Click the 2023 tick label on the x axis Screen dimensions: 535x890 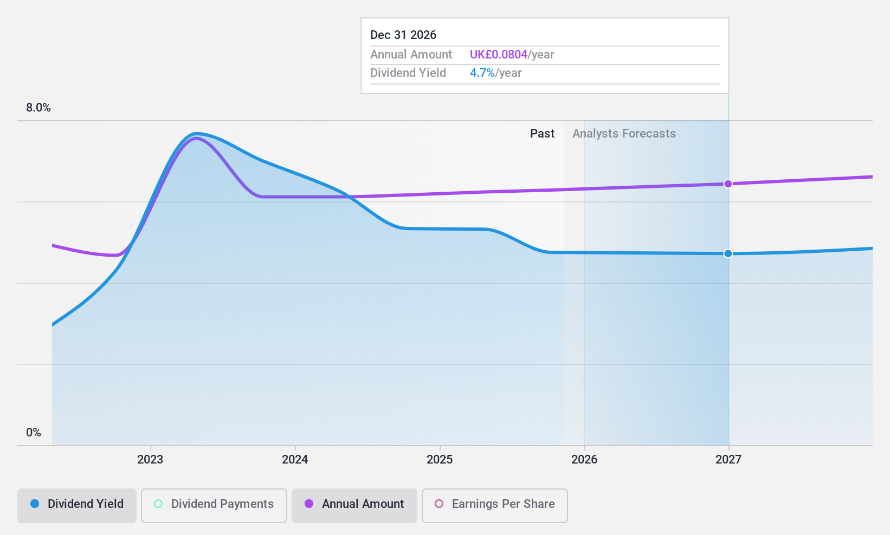tap(150, 460)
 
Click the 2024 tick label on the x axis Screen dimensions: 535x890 tap(295, 460)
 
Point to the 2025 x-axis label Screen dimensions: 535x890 tap(440, 460)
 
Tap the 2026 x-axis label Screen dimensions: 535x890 tap(584, 460)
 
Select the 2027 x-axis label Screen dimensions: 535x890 tap(728, 460)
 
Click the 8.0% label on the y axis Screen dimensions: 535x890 tap(38, 108)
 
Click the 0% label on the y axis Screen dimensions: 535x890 tap(34, 433)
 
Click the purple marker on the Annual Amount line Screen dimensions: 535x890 tap(728, 184)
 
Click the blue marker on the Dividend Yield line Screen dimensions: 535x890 tap(728, 253)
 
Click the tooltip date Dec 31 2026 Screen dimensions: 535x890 tap(403, 35)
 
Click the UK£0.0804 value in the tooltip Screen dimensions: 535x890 tap(498, 55)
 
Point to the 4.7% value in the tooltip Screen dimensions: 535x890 tap(482, 73)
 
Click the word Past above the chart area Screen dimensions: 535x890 tap(542, 134)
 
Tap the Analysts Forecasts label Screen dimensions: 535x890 tap(624, 134)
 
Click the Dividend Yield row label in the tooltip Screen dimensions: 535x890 tap(408, 73)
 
